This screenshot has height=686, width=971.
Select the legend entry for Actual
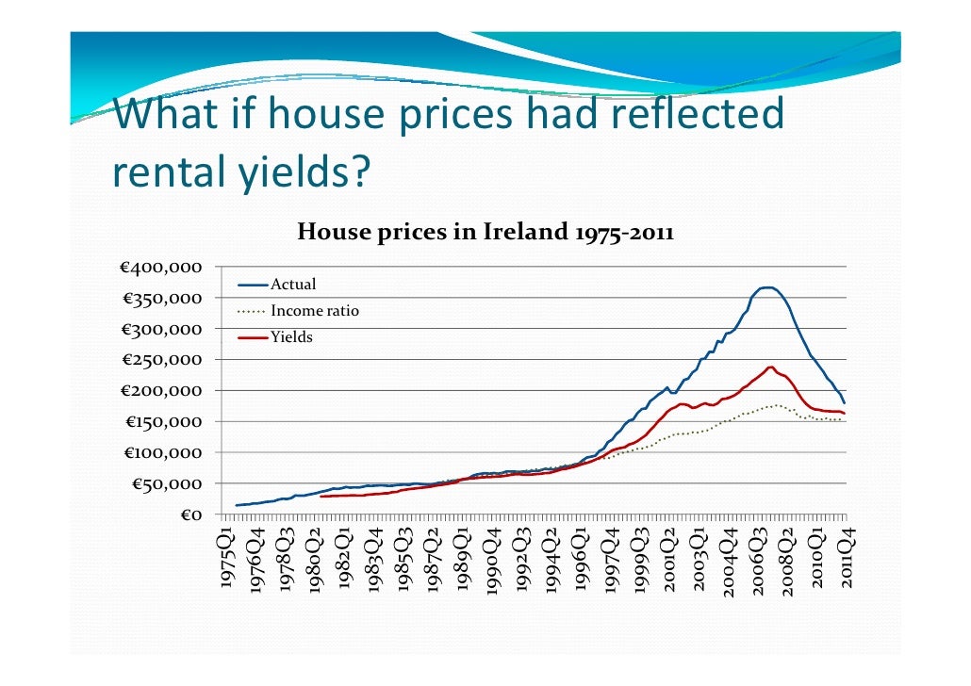[x=293, y=285]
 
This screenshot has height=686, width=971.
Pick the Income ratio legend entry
[x=314, y=311]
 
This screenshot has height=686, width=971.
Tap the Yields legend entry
[x=291, y=336]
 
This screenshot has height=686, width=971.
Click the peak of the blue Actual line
[x=767, y=287]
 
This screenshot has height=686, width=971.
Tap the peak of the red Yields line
[x=771, y=367]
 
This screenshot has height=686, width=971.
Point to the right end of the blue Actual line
[x=845, y=402]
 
